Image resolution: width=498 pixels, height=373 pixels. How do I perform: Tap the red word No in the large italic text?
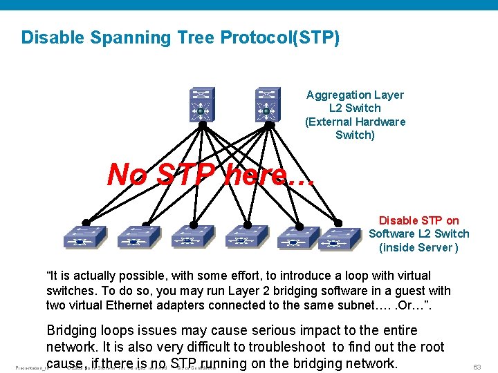click(x=127, y=175)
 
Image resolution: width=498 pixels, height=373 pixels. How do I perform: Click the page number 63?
click(x=477, y=367)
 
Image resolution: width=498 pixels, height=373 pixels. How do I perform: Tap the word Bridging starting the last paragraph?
click(x=73, y=331)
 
